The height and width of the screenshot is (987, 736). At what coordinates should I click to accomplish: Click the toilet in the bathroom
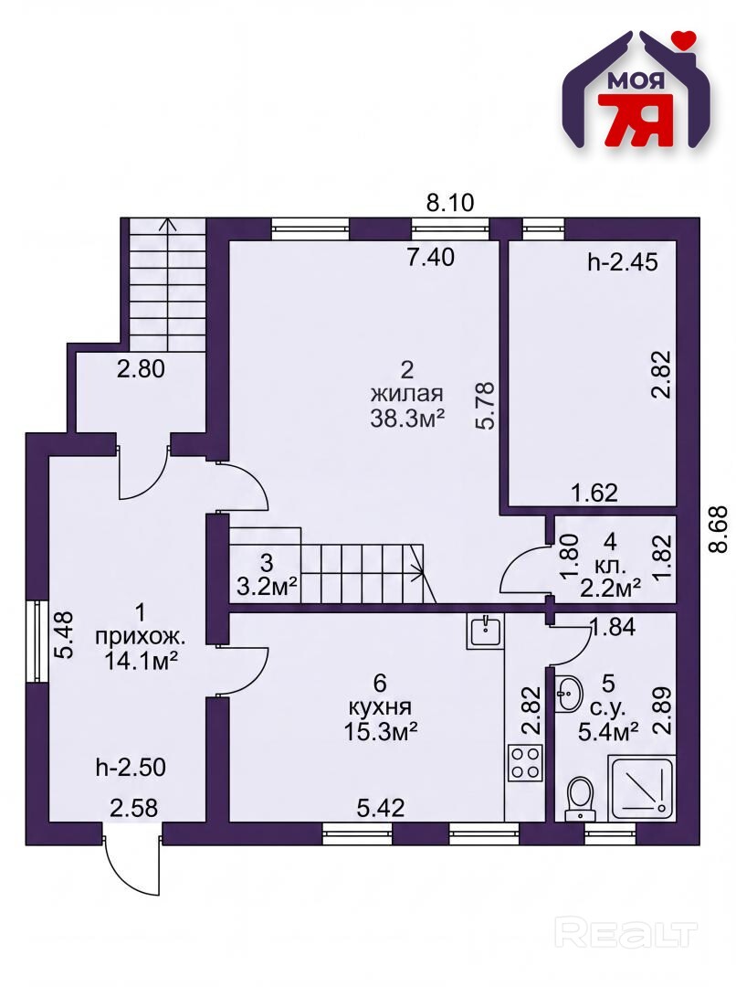click(x=579, y=798)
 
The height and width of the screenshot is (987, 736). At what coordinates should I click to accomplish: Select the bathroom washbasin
click(x=572, y=695)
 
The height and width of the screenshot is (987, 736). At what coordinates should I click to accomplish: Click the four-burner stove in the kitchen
click(x=525, y=762)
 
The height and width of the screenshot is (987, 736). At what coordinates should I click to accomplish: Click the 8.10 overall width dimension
click(x=450, y=203)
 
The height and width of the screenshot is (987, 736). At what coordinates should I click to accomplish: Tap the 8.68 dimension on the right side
click(x=718, y=530)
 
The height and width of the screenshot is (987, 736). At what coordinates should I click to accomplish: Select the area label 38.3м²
click(x=407, y=419)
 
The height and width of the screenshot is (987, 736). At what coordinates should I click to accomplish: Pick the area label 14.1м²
click(x=140, y=660)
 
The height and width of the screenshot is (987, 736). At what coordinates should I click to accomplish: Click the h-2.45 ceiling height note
click(x=623, y=262)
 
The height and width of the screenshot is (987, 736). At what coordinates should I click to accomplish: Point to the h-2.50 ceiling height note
click(x=131, y=768)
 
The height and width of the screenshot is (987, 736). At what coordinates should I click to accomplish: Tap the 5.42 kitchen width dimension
click(x=381, y=808)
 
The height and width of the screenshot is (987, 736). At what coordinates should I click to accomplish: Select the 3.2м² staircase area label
click(x=268, y=587)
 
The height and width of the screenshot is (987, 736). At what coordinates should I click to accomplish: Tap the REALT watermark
click(x=627, y=934)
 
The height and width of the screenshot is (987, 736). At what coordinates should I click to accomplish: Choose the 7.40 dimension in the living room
click(x=430, y=258)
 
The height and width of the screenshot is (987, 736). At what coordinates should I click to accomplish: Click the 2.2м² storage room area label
click(x=610, y=588)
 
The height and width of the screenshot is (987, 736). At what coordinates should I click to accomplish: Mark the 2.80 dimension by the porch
click(x=141, y=368)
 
